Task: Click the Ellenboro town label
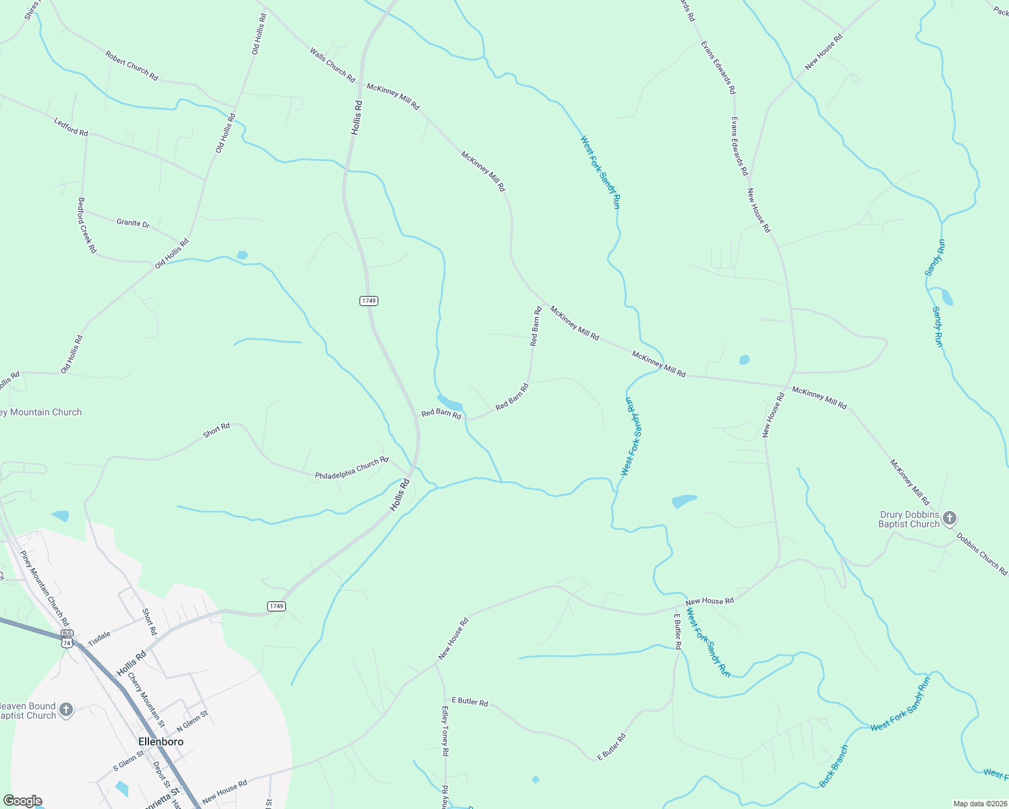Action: tap(161, 742)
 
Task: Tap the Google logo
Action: tap(22, 801)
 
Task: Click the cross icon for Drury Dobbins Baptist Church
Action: tap(950, 518)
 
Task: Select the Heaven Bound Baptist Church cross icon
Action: tap(66, 710)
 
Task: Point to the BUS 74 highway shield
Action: tap(66, 638)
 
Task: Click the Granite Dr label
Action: tap(133, 223)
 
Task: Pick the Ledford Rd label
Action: tap(71, 127)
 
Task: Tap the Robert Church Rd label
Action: tap(132, 66)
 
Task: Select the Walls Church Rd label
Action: tap(332, 65)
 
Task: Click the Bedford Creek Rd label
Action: tap(87, 225)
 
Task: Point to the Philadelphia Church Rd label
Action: tap(351, 469)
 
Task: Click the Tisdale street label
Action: tap(99, 638)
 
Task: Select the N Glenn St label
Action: tap(192, 721)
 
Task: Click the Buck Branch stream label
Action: tap(834, 766)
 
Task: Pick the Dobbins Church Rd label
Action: tap(982, 554)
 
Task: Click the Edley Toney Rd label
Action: tap(445, 731)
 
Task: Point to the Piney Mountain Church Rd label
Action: tap(45, 588)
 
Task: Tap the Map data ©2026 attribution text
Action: tap(979, 804)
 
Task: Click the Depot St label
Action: tap(161, 775)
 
